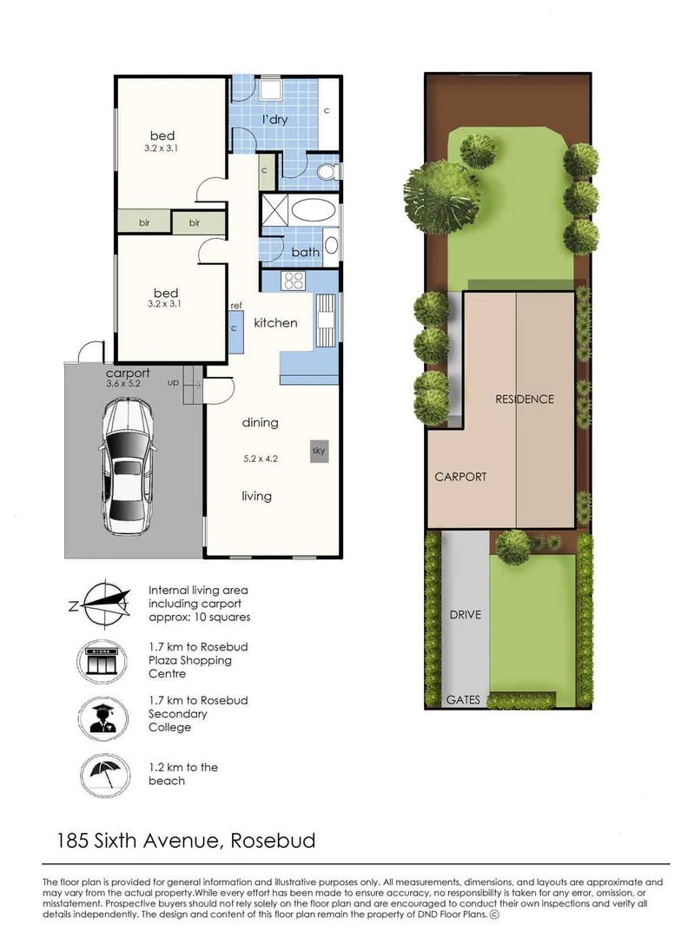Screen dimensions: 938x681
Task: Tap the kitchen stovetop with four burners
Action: [293, 281]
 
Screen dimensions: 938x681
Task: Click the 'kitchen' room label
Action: [275, 323]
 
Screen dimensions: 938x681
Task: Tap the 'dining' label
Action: [260, 423]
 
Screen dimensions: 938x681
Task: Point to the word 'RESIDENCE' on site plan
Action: [524, 400]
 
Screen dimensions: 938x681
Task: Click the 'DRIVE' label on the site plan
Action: [465, 615]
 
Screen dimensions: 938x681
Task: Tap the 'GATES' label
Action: [463, 699]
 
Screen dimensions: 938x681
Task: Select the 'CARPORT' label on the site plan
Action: [460, 477]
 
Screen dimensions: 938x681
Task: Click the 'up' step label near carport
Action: [173, 382]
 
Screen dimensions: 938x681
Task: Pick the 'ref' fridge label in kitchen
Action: [235, 306]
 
